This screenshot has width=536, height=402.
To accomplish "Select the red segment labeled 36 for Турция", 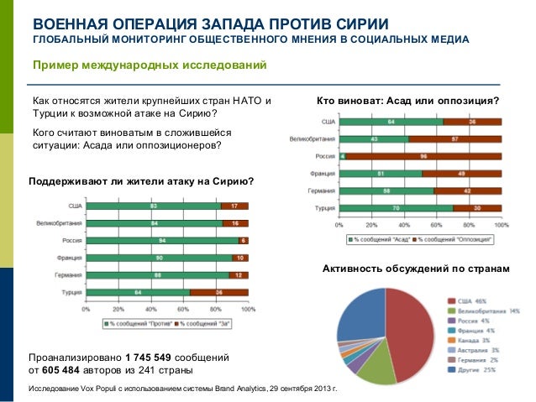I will [219, 292].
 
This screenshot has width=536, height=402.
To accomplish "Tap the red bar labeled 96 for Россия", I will [423, 156].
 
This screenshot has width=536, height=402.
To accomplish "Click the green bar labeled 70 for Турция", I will [396, 207].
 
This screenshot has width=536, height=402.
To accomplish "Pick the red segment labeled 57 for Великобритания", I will [455, 138].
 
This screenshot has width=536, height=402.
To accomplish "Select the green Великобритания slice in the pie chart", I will [372, 365].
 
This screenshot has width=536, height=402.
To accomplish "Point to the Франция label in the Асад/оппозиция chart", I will [320, 174].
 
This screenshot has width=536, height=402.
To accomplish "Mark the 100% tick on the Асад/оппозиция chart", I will [501, 225].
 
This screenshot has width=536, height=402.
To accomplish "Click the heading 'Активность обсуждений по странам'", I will [416, 269].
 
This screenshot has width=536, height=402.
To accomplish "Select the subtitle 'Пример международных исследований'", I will [149, 65].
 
